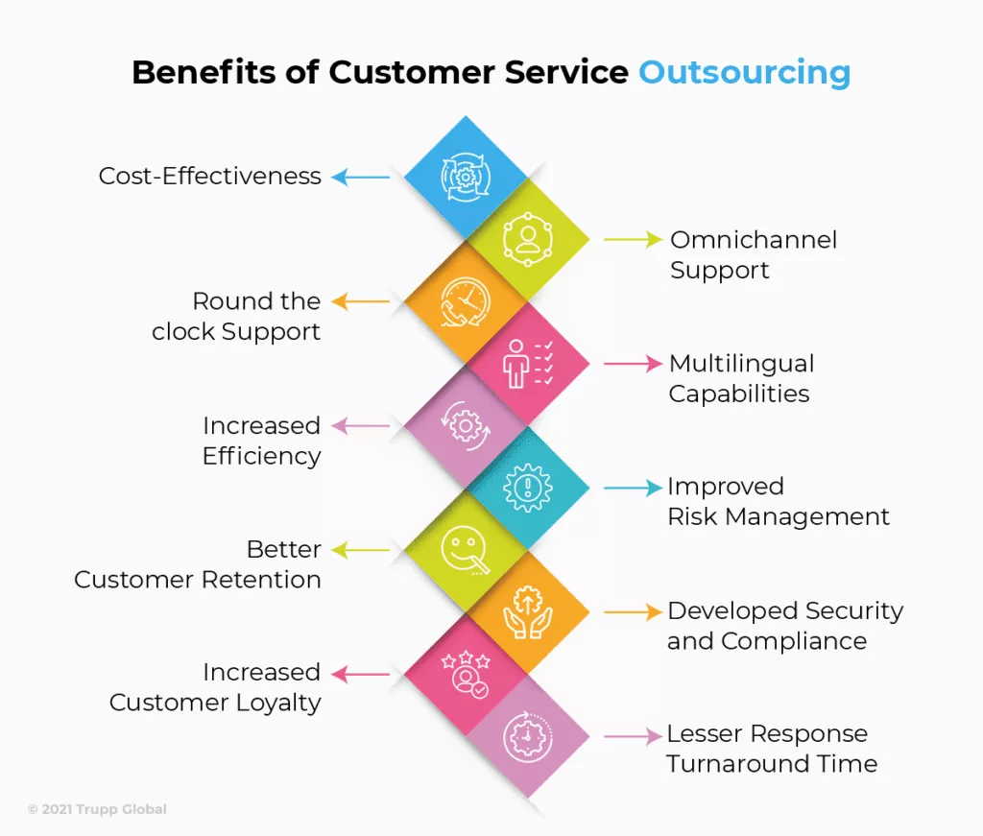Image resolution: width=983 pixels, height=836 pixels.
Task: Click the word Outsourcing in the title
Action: point(744,73)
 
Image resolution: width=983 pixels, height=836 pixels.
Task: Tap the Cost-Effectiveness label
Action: point(210,176)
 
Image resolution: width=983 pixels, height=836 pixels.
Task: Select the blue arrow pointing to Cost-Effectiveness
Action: point(361,178)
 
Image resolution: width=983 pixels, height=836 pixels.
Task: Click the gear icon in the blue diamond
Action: point(466,178)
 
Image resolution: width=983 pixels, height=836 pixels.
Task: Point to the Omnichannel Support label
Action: point(754,254)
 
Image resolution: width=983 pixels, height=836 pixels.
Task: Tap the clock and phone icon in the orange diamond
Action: point(466,302)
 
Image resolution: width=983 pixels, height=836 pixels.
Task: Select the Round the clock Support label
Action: point(236,316)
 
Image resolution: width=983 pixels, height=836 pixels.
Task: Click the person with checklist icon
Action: point(528,364)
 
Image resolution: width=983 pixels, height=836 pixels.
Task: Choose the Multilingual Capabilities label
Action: point(742,378)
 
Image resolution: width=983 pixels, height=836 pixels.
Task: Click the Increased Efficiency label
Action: point(261,441)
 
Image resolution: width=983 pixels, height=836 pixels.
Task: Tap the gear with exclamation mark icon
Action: point(528,488)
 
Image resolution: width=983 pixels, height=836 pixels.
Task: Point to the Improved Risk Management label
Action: point(778,501)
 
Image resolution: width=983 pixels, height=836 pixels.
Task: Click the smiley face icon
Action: point(465,550)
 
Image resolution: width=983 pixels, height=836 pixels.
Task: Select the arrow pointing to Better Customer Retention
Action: point(361,550)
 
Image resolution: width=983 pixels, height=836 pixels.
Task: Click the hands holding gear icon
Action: point(528,611)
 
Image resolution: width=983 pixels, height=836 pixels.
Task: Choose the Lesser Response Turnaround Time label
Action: point(771,749)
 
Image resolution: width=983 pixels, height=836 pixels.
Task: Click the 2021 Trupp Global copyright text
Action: point(97,809)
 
